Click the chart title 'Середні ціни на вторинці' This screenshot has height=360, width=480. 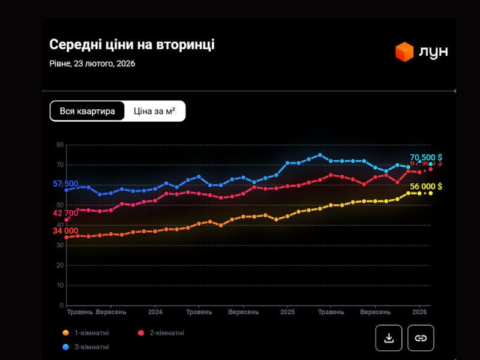click(x=131, y=45)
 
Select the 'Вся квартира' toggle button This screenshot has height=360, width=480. click(x=88, y=111)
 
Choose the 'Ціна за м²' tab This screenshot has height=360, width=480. click(x=155, y=111)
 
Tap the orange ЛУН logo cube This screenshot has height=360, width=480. click(x=404, y=52)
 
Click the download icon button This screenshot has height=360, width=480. click(x=389, y=338)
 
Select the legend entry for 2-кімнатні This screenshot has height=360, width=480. click(x=161, y=333)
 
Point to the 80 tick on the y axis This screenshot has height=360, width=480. click(x=60, y=145)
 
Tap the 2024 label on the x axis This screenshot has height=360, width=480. click(x=155, y=313)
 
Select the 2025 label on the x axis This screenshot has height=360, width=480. click(x=287, y=313)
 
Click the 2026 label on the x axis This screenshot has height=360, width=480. click(x=419, y=313)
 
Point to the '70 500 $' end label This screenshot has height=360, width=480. click(x=426, y=157)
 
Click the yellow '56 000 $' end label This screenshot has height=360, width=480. click(x=426, y=187)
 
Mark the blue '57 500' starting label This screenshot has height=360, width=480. click(x=65, y=184)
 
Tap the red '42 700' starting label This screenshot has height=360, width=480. click(x=65, y=213)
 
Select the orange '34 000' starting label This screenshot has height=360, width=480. click(x=65, y=231)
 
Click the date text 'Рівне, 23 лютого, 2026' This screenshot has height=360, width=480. click(x=92, y=64)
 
